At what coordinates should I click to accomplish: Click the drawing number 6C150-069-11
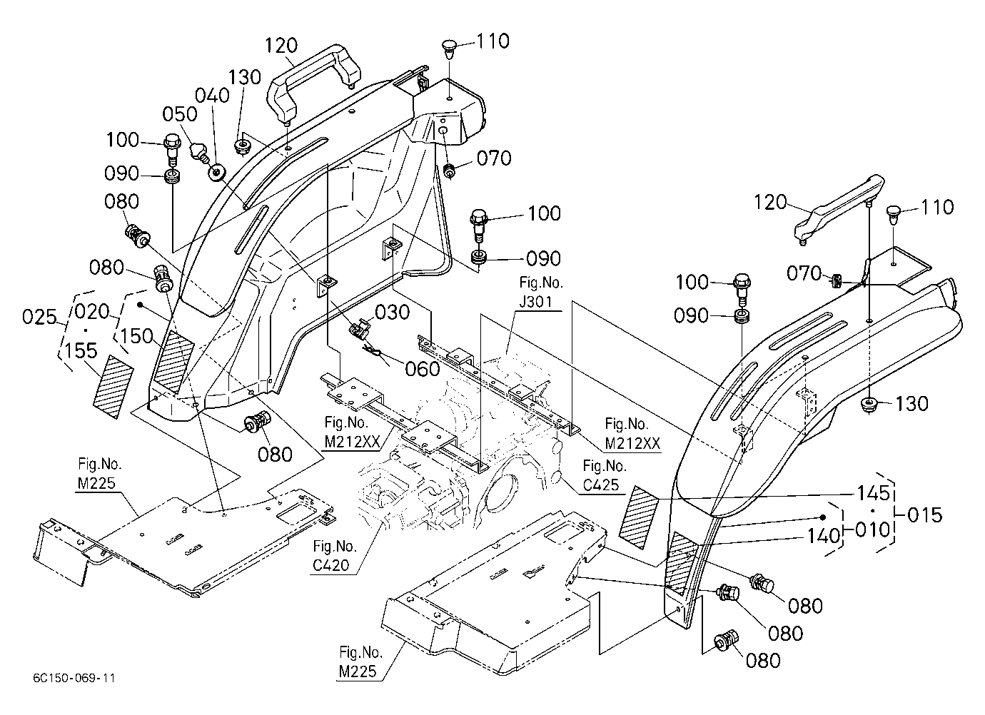tap(74, 678)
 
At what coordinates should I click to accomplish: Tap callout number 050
tap(179, 114)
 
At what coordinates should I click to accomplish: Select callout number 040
tap(213, 95)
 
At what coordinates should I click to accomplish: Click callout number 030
tap(393, 313)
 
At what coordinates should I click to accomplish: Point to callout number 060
tap(422, 369)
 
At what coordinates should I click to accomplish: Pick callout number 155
tap(81, 351)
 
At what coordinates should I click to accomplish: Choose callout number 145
tap(874, 493)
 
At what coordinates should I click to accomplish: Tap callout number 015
tap(925, 515)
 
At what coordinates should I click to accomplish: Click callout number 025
tap(39, 318)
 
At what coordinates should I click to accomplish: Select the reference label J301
tap(535, 302)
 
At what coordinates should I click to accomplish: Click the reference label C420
tap(331, 565)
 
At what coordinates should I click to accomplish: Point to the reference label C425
tap(601, 485)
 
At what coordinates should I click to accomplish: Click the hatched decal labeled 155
tap(113, 387)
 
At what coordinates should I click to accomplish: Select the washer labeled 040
tap(216, 172)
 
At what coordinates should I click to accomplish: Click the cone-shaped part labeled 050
tap(198, 151)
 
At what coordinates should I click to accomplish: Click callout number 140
tap(823, 537)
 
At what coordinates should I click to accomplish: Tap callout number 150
tap(136, 336)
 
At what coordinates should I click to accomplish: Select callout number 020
tap(92, 311)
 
